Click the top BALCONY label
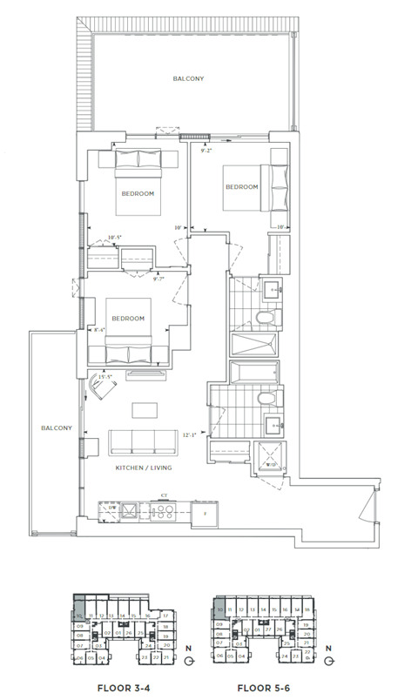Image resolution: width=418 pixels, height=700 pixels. pyautogui.click(x=188, y=78)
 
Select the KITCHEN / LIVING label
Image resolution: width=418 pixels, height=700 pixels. pyautogui.click(x=144, y=468)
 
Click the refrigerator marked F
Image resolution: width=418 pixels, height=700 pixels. pyautogui.click(x=206, y=515)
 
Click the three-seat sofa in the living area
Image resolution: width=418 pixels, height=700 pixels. pyautogui.click(x=142, y=441)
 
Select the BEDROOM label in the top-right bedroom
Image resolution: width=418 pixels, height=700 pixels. pyautogui.click(x=242, y=187)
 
